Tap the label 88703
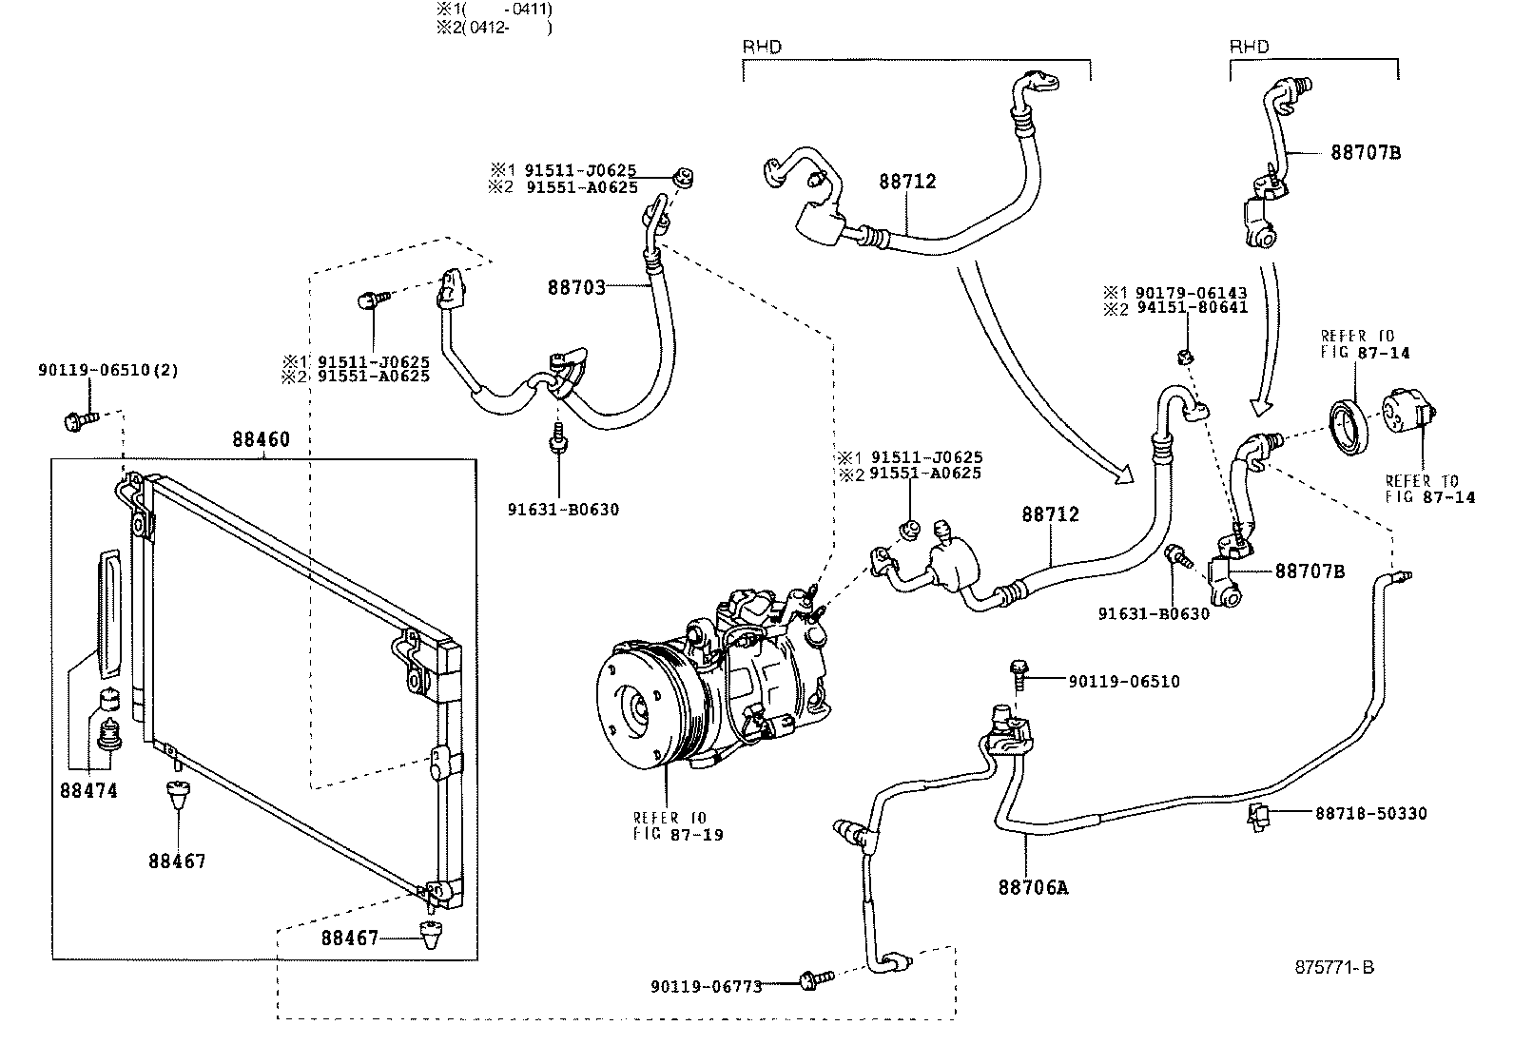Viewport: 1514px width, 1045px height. coord(576,286)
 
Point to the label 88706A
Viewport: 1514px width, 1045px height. coord(1033,887)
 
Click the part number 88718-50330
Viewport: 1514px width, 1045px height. coord(1370,814)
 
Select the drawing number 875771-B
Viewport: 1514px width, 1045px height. coord(1334,968)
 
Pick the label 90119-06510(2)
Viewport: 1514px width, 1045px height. coord(108,370)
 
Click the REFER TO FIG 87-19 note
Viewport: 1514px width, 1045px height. coord(678,826)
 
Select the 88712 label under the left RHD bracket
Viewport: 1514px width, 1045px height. coord(907,181)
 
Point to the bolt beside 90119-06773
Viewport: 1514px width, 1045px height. coord(815,977)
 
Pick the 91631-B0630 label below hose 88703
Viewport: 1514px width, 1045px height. coord(563,510)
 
